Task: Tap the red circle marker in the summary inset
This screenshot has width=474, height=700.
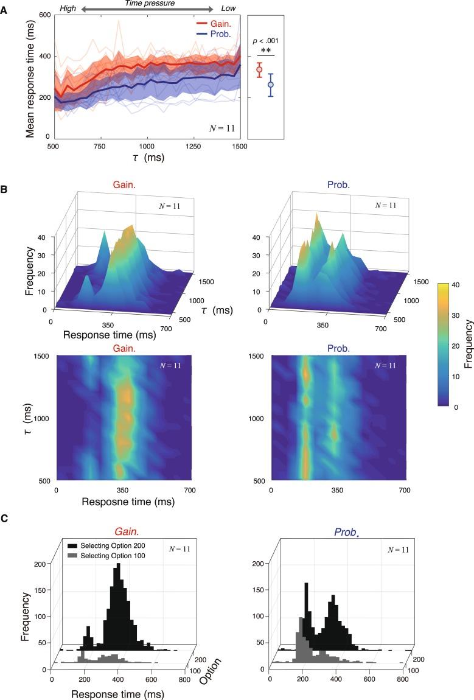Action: tap(259, 70)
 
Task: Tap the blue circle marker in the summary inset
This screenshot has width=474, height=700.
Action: tap(271, 85)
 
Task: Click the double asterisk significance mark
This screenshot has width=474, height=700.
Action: tap(265, 51)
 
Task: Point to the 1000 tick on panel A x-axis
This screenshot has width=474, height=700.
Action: tap(146, 147)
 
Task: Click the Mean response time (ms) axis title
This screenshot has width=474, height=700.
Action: tap(30, 76)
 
